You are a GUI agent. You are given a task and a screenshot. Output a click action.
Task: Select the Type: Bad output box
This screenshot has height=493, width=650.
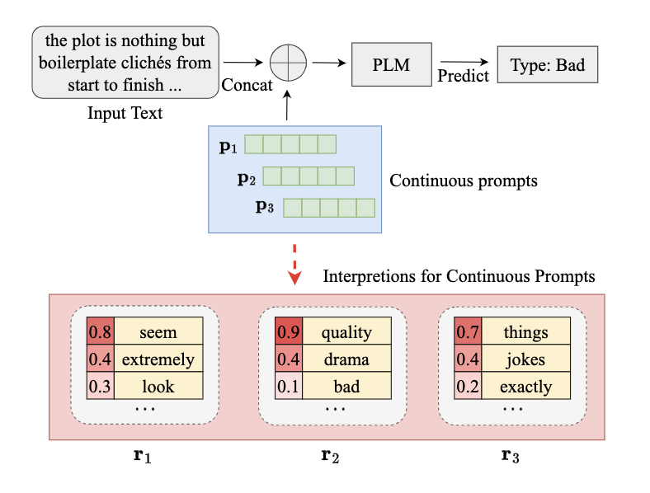547,63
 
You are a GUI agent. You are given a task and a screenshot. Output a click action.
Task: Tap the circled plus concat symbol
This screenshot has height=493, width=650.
288,62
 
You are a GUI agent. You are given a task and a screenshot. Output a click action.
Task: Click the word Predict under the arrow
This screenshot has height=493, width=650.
464,76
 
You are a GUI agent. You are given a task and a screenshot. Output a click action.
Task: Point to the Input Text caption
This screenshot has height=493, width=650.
125,113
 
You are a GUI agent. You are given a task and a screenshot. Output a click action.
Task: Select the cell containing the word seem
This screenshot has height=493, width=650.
158,332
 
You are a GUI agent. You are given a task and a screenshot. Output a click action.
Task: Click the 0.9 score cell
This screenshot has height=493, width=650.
289,332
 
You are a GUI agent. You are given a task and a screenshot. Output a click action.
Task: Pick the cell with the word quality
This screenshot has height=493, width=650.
346,332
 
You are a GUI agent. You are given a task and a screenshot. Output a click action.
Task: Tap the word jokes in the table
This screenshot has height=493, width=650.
525,359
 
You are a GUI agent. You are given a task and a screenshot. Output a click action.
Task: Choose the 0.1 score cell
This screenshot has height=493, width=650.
289,386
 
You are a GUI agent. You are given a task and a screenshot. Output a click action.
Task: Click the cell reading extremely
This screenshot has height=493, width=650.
158,359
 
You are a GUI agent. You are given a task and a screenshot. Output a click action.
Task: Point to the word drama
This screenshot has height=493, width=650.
346,359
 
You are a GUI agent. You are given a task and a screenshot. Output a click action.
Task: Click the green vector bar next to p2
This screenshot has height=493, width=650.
308,176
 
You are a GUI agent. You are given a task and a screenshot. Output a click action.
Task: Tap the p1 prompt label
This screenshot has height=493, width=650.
228,147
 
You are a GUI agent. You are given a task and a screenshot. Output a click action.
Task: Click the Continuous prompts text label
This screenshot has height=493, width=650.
463,180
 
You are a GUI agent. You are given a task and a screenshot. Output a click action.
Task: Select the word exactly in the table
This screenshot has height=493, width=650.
525,386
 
